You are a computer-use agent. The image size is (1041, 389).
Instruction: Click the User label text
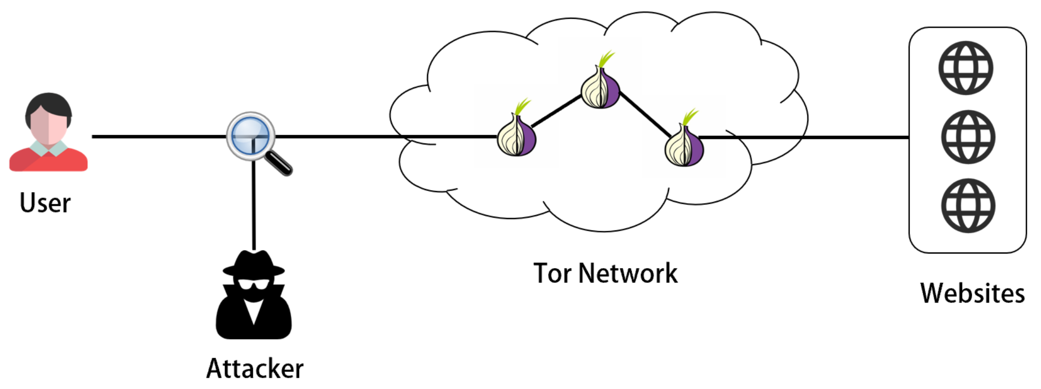45,203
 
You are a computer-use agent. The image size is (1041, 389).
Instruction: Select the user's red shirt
48,160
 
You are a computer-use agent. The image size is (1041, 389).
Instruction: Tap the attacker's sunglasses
253,284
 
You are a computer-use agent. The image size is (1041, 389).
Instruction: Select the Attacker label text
255,368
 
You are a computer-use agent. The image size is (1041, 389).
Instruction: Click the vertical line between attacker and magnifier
253,206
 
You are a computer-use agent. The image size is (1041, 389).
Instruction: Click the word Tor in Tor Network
552,273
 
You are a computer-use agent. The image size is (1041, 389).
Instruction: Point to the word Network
628,273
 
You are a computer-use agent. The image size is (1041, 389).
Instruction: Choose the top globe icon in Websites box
965,68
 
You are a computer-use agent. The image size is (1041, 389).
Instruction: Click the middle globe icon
967,137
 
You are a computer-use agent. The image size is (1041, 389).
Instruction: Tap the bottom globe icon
967,205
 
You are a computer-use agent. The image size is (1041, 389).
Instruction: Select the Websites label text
972,293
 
